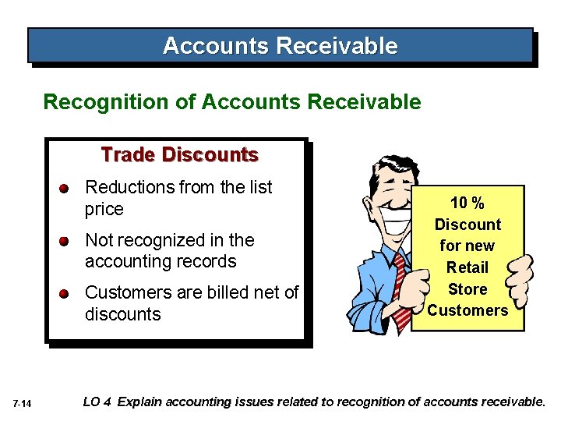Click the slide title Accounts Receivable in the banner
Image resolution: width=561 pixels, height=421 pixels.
click(280, 46)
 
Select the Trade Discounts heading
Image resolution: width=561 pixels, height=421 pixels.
click(179, 155)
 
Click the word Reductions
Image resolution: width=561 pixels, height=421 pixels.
click(129, 187)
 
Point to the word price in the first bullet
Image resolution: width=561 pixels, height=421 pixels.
click(104, 209)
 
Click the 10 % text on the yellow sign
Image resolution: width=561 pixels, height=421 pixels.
click(467, 203)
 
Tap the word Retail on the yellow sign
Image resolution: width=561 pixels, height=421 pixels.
click(467, 267)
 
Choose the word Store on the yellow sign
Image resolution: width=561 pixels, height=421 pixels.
click(467, 289)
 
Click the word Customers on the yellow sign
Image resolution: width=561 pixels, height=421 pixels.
click(467, 310)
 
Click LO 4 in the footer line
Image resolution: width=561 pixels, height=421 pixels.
click(97, 402)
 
